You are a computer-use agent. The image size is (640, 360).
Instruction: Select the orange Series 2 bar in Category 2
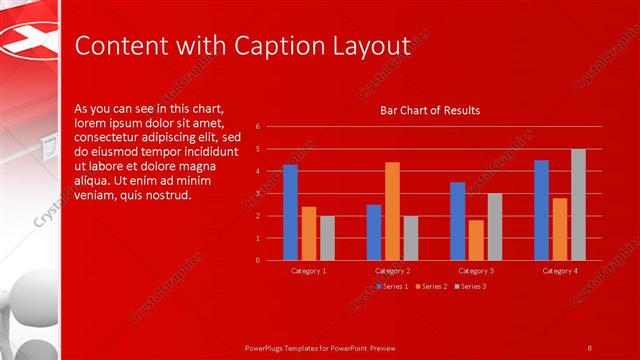[392, 211]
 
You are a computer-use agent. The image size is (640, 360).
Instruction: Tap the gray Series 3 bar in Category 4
[578, 204]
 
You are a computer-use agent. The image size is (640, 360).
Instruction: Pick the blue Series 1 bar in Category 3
[457, 221]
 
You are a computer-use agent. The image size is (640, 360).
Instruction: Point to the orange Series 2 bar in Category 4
[560, 229]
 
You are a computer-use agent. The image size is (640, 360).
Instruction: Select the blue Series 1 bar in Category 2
[373, 232]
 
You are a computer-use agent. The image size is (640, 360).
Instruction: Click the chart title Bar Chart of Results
[430, 110]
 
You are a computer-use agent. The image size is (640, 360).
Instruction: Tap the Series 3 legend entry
[471, 287]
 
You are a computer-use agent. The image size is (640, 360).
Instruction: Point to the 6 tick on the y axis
[258, 127]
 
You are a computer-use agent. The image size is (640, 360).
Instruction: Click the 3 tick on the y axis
[258, 194]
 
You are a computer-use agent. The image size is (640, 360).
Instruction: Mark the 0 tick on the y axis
[258, 261]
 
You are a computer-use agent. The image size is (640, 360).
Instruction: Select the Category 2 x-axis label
[392, 271]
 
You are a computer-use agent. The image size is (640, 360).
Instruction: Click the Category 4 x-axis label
[560, 271]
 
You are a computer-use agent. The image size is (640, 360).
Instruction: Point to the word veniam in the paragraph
[97, 194]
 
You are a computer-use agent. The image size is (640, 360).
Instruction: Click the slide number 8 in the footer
[589, 347]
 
